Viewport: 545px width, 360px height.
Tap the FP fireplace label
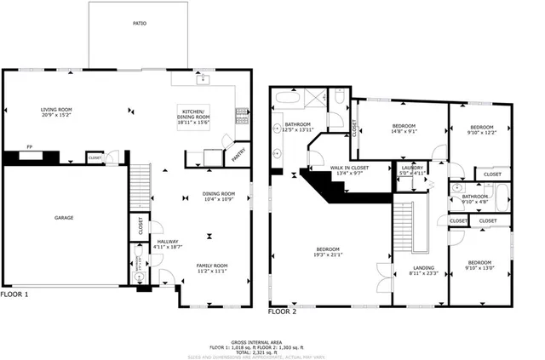(29, 146)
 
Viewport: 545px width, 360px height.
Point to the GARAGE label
(65, 218)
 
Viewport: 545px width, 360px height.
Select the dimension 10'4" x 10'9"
(218, 199)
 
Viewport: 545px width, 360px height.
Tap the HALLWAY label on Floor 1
(168, 242)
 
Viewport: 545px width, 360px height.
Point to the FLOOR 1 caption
(14, 294)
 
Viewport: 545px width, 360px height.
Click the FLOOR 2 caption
(283, 312)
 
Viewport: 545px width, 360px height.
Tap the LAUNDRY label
(412, 168)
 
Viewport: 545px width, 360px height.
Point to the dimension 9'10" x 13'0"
(479, 268)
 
